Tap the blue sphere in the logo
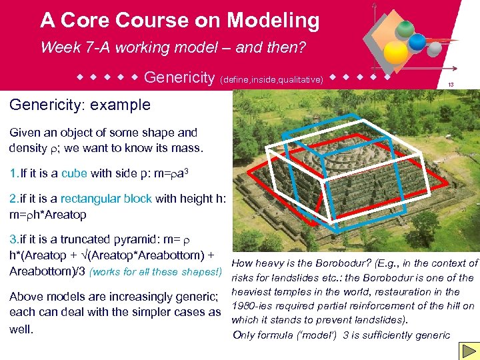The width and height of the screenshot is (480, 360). click(417, 42)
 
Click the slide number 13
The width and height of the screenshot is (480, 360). click(451, 85)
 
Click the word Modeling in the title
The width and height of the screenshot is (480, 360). click(273, 20)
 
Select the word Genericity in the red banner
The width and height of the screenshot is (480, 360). click(179, 78)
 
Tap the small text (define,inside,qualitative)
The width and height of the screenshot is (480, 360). click(271, 79)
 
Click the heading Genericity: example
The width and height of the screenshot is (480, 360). click(80, 105)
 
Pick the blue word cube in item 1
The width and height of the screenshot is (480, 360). click(74, 173)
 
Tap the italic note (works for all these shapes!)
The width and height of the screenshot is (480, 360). click(155, 271)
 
